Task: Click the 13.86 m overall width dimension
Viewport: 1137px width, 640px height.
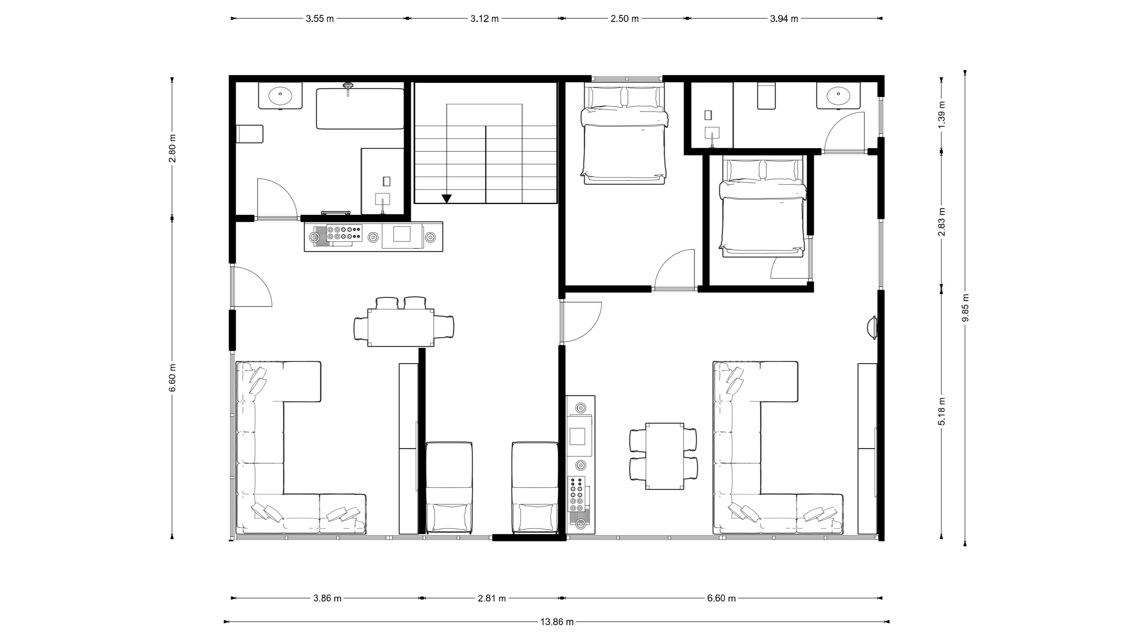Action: coord(557,622)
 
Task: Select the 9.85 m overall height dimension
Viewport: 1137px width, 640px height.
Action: coord(965,308)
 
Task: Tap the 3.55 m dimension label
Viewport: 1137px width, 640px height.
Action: coord(319,19)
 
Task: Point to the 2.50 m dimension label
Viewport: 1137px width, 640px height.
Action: coord(624,19)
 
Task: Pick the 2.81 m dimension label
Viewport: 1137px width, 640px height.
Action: coord(492,599)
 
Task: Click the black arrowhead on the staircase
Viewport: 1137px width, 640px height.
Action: coord(447,199)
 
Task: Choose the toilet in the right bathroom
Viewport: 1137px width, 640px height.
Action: coord(767,95)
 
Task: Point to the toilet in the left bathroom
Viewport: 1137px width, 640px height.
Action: coord(250,134)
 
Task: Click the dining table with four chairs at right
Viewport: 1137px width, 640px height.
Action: coord(665,456)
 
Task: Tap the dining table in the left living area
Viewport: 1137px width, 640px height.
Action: coord(401,327)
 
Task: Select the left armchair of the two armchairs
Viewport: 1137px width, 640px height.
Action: coord(449,488)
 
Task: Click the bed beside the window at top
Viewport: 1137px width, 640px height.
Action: coord(624,135)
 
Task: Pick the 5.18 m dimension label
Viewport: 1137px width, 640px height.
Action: coord(942,411)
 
